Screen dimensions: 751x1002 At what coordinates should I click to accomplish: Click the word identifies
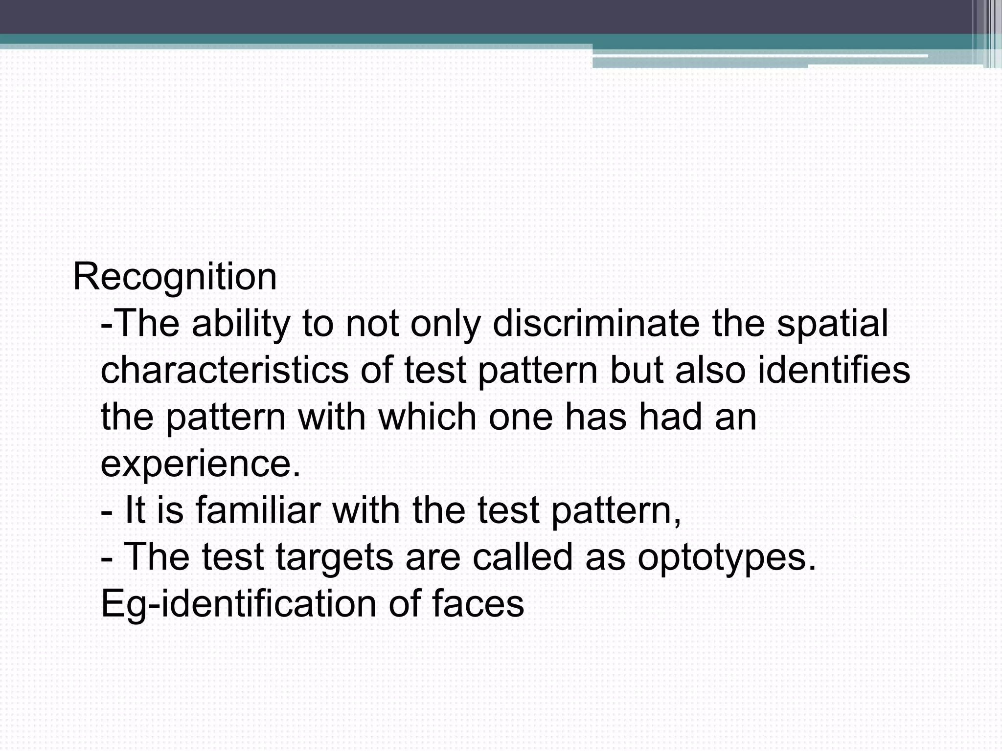(834, 370)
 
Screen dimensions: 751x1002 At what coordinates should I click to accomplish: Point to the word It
(135, 510)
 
